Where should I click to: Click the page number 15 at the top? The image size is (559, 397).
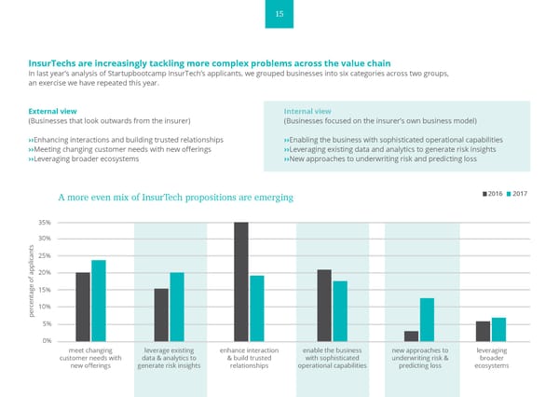[279, 14]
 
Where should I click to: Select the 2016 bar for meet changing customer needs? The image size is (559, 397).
[83, 307]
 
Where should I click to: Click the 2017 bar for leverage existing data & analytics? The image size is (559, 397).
[177, 307]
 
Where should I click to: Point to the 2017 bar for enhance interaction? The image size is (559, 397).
[257, 308]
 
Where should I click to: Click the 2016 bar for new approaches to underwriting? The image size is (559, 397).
[411, 335]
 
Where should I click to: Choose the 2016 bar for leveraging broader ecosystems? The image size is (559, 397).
[483, 331]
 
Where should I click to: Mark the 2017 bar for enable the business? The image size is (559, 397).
[340, 311]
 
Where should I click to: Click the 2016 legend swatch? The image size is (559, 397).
[484, 193]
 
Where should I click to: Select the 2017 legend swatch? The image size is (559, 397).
[509, 193]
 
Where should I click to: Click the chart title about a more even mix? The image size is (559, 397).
[175, 198]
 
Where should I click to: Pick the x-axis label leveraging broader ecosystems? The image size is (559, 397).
[491, 358]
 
